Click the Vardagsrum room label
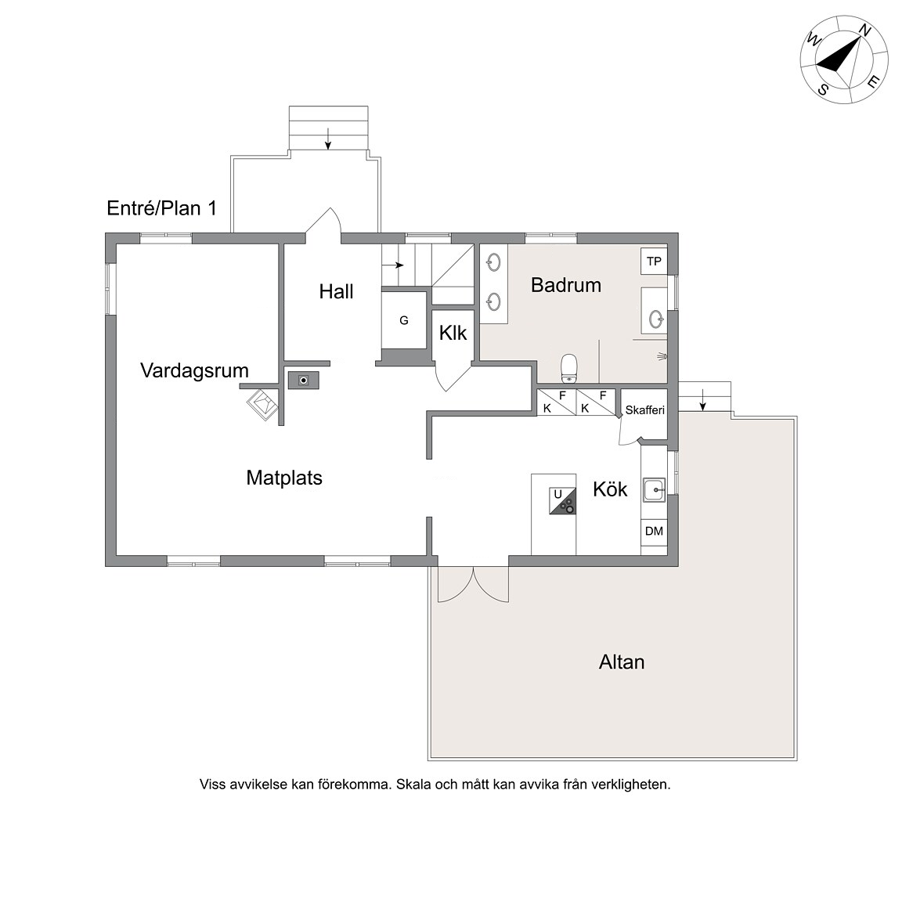(x=194, y=370)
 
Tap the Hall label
(x=336, y=291)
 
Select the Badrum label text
(x=566, y=285)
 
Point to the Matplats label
(x=284, y=478)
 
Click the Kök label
(x=610, y=489)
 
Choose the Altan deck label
(x=621, y=662)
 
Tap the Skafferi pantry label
(x=645, y=410)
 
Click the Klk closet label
(x=453, y=333)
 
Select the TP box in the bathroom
(x=654, y=262)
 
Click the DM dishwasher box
(x=654, y=531)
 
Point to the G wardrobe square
(x=404, y=319)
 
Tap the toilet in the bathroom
(x=568, y=368)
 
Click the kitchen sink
(x=654, y=490)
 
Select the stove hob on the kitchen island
(x=562, y=500)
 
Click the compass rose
(x=844, y=60)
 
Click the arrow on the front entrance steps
(x=328, y=139)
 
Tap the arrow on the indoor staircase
(x=393, y=265)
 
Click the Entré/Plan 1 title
(x=161, y=208)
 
